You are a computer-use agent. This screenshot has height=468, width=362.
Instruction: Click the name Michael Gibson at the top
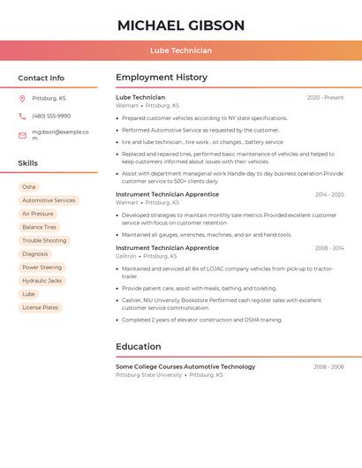click(181, 26)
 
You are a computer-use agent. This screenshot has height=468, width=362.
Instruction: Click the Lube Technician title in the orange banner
click(181, 50)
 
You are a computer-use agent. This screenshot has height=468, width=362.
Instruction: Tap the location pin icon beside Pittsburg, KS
click(22, 98)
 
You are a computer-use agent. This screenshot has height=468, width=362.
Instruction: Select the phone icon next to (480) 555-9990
click(22, 117)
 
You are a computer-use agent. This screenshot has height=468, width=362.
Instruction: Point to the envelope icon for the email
click(22, 135)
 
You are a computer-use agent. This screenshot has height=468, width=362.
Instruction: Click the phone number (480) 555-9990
click(51, 117)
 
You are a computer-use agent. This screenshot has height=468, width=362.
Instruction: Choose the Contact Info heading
click(41, 78)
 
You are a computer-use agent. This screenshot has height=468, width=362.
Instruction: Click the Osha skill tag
click(29, 187)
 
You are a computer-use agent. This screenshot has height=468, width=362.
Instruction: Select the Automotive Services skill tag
click(49, 200)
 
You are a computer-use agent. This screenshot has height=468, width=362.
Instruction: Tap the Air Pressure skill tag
click(38, 214)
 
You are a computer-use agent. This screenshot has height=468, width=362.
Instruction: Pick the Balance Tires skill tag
click(39, 227)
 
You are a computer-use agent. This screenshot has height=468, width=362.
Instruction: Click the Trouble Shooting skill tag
click(44, 240)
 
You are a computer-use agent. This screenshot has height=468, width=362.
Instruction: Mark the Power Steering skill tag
click(42, 268)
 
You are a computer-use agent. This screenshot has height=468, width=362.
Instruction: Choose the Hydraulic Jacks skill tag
click(42, 281)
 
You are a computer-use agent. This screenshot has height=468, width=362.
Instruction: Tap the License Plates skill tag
click(41, 307)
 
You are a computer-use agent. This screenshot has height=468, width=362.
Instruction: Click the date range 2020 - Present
click(325, 98)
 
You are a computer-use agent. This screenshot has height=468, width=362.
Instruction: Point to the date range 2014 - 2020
click(329, 194)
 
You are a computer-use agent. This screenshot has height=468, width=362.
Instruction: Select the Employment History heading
click(162, 78)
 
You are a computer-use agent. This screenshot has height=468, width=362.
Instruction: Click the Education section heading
click(139, 346)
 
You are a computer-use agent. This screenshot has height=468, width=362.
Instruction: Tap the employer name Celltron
click(126, 256)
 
